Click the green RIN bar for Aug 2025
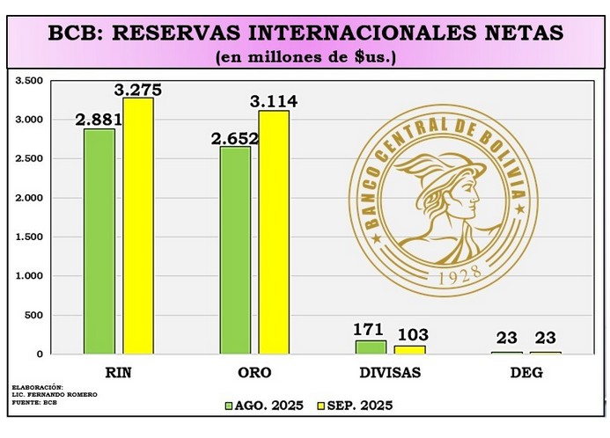coord(99,241)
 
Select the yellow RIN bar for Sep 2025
coord(137,225)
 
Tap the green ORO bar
coord(235,250)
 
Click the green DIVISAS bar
coord(371,347)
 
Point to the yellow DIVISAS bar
coord(410,349)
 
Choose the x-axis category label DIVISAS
coord(391,373)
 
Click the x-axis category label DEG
coord(526,373)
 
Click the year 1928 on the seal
coord(457,274)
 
